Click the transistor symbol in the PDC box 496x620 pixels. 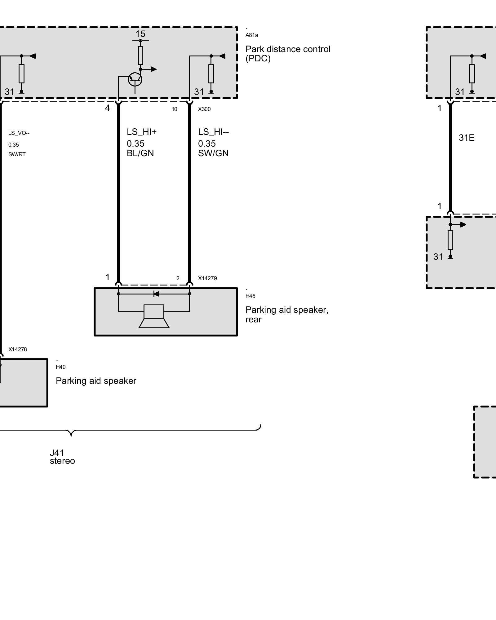(x=135, y=79)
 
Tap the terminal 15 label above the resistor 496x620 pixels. (x=140, y=34)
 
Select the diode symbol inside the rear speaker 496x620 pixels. (x=156, y=294)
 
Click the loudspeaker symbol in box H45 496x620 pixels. (x=154, y=316)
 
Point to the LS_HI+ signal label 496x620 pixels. (x=142, y=132)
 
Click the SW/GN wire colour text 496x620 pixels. (x=213, y=153)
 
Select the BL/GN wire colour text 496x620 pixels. (x=140, y=153)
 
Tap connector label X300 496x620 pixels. (x=204, y=109)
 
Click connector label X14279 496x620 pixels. (x=207, y=278)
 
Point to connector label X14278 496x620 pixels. (x=18, y=349)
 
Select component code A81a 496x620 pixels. (x=252, y=35)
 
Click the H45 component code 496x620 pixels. (x=250, y=296)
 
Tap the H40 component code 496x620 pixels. (x=61, y=367)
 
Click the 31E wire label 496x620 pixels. (x=467, y=138)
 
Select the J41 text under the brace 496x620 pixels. (x=57, y=453)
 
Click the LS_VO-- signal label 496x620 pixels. (x=19, y=133)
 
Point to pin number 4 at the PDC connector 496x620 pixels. (x=107, y=108)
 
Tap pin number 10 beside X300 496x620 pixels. (x=175, y=109)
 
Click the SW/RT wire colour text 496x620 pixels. (x=17, y=154)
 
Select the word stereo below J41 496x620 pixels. (x=62, y=461)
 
